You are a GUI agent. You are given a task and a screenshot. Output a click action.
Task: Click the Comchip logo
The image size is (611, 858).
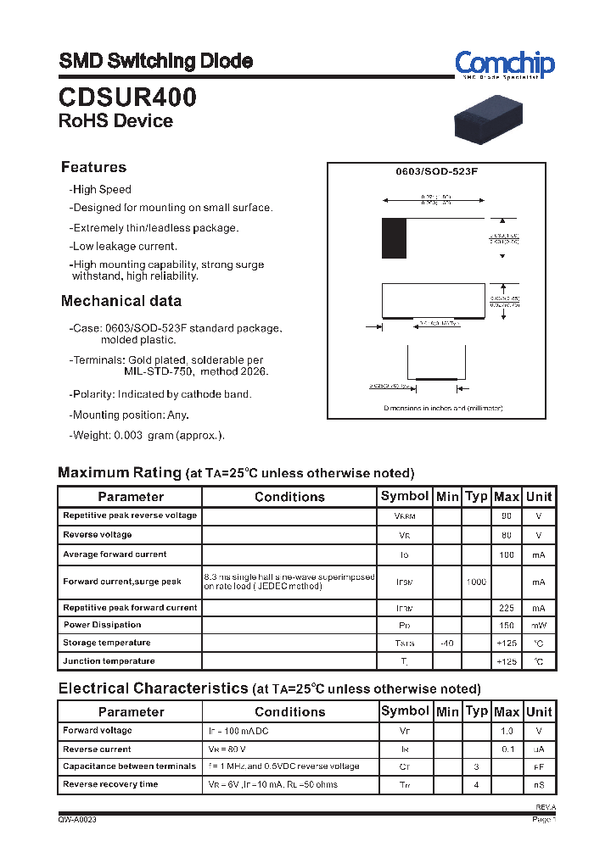point(504,64)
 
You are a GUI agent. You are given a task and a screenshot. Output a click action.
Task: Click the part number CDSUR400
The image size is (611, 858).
point(127,97)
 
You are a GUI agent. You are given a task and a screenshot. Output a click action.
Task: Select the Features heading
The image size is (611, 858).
point(93,167)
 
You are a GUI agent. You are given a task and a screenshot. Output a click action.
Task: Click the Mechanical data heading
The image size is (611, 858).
point(121,301)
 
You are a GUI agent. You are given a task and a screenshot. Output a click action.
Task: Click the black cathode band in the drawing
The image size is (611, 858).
point(394,238)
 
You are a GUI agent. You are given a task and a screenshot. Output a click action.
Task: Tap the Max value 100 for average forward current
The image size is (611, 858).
point(507,554)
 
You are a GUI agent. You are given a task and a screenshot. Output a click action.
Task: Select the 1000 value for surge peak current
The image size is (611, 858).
point(476,582)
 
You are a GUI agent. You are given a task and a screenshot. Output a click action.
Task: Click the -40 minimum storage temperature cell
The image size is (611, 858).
point(446,643)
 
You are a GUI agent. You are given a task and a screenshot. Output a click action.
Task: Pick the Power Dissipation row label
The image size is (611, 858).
point(102,625)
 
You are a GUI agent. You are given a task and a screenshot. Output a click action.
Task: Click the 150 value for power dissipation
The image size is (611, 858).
point(507,626)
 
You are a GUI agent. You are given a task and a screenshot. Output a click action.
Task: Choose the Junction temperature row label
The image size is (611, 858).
point(109,660)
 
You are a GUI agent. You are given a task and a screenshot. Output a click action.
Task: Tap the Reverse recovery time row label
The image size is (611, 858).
point(110,784)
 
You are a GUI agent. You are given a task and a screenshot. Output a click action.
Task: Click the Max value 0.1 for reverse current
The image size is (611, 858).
point(507,749)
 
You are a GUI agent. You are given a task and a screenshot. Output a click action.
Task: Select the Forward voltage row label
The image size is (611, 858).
point(98,730)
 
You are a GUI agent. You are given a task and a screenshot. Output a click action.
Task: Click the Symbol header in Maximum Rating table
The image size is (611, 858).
point(405,496)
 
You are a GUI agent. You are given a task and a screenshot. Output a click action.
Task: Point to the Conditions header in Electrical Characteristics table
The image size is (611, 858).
point(289,712)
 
